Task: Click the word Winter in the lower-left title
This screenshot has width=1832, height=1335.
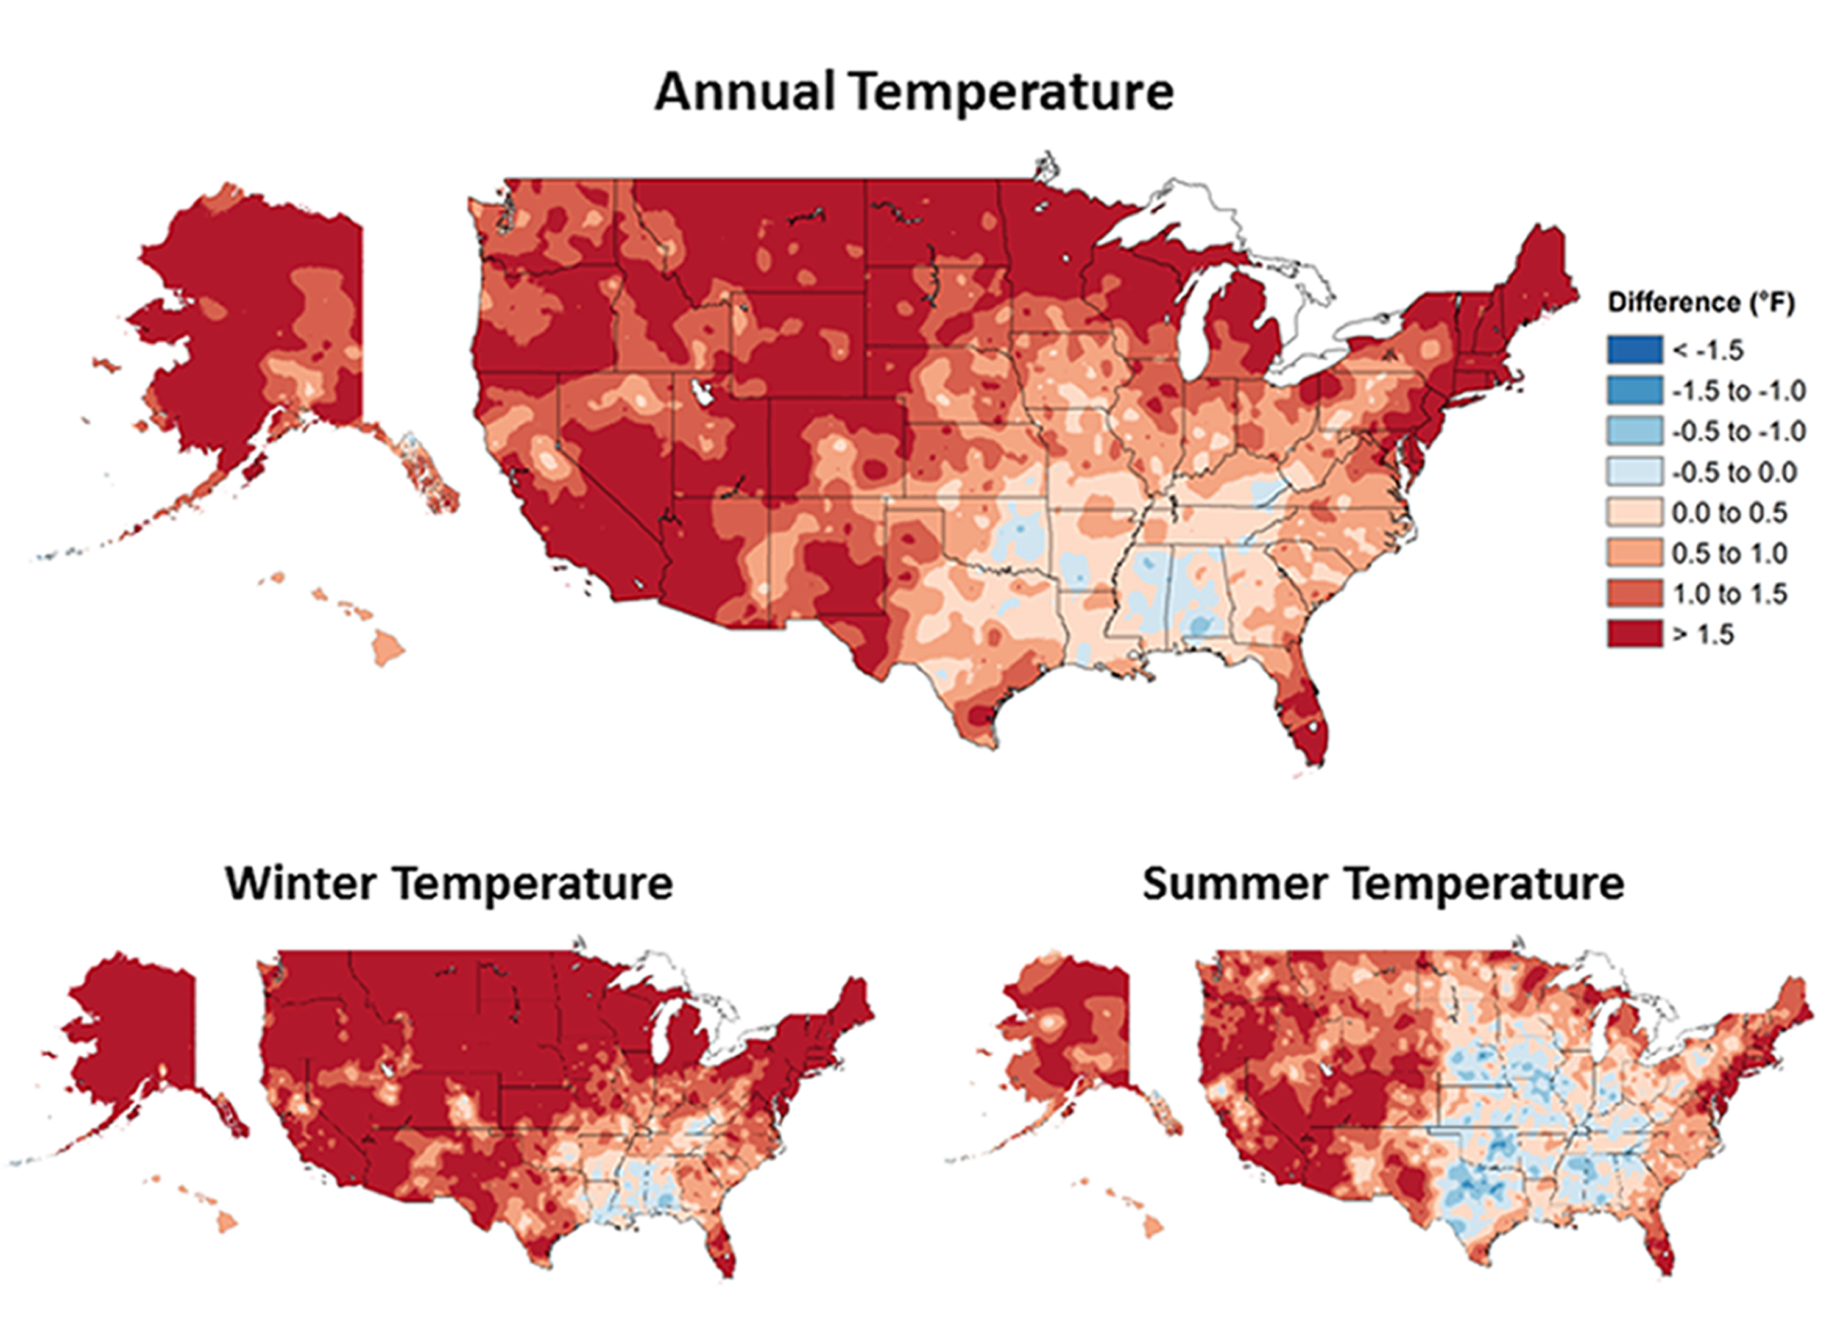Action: pos(300,883)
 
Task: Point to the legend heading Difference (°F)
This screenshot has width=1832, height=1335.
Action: pos(1701,303)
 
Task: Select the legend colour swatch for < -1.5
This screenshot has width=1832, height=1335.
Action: pos(1635,350)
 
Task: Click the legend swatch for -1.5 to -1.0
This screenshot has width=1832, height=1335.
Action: pos(1635,390)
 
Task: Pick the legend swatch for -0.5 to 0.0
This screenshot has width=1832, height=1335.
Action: pos(1635,472)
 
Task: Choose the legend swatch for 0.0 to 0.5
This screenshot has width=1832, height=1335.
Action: pos(1635,512)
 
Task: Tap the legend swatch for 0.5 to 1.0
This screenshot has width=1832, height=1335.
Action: pos(1635,553)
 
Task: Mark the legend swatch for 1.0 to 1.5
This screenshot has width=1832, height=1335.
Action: pos(1635,594)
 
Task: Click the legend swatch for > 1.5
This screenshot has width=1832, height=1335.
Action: pos(1635,635)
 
